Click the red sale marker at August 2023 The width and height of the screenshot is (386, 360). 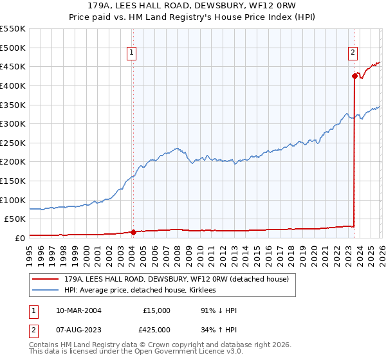click(354, 76)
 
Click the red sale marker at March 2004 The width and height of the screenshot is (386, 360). click(133, 232)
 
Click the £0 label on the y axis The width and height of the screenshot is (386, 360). click(19, 238)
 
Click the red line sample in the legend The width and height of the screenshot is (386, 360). click(46, 279)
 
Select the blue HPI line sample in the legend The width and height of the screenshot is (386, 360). click(46, 291)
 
